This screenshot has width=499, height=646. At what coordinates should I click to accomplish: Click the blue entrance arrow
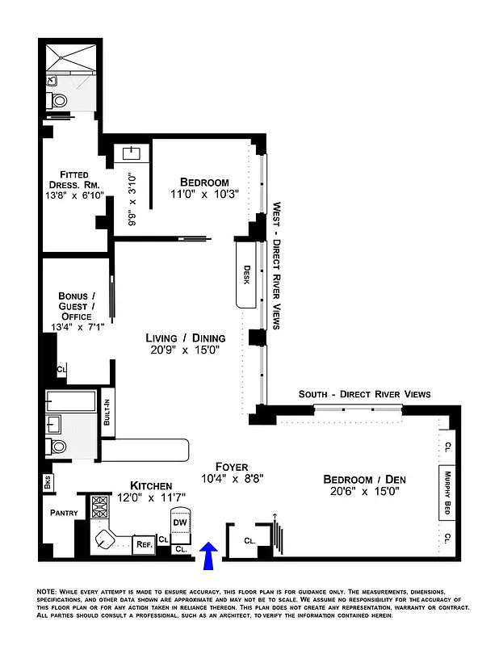[209, 556]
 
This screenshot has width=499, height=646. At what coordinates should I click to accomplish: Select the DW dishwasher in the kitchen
[182, 522]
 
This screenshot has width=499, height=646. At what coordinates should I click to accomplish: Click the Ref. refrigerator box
[143, 544]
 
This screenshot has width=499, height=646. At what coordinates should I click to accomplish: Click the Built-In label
[107, 413]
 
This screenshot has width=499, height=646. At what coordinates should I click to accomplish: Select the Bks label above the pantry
[48, 484]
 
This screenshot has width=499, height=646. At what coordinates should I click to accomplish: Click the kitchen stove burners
[100, 507]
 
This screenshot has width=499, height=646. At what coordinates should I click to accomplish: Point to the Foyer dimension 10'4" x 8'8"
[231, 479]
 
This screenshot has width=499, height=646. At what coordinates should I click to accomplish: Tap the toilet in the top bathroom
[58, 100]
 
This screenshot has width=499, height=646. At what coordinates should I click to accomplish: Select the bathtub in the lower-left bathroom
[70, 400]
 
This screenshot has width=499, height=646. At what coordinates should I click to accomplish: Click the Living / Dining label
[185, 338]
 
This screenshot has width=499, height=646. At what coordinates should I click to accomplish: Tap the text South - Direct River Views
[364, 394]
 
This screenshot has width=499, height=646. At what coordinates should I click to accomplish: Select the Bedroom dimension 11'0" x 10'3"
[203, 195]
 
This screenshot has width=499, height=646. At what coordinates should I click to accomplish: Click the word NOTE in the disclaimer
[49, 592]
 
